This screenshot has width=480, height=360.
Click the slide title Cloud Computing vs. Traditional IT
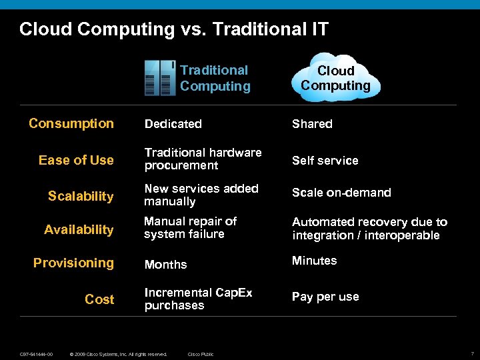pos(173,29)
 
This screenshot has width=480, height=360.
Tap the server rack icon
pos(160,78)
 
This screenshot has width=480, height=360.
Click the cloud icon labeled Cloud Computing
pos(335,78)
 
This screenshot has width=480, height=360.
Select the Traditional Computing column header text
pos(215,78)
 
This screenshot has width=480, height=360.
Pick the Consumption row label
pos(71,123)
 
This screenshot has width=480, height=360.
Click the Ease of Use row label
pos(76,160)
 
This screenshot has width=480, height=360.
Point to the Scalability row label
pos(81,196)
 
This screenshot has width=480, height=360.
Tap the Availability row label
pos(79,229)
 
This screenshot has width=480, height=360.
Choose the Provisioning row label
pos(73,263)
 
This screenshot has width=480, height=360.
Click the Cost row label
pos(99,299)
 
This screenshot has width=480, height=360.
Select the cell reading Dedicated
pos(173,124)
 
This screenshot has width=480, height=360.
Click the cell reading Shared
pos(312,124)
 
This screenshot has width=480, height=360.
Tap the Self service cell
pos(325,161)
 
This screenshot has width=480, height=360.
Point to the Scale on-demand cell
pos(341,193)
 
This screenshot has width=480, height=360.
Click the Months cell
pos(165,265)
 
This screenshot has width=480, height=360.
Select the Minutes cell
pos(314,261)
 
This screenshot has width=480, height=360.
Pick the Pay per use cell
pos(325,297)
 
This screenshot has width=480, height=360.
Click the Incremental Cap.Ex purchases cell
pos(198,299)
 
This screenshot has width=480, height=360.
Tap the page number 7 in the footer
pos(472,354)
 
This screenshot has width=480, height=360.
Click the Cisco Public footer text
pos(201,354)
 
